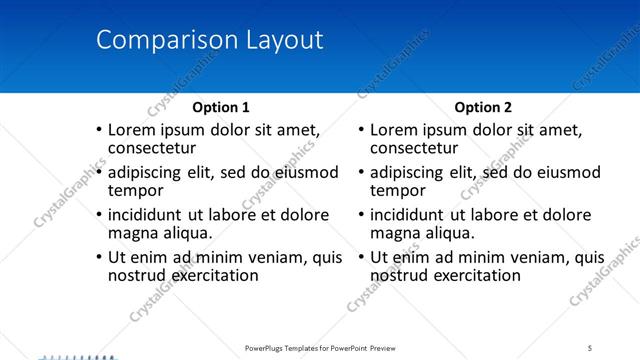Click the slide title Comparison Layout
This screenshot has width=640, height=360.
(x=209, y=41)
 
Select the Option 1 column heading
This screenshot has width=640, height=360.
(x=221, y=107)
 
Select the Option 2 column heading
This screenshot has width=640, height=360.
(x=483, y=107)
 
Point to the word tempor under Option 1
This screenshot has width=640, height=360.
(x=134, y=191)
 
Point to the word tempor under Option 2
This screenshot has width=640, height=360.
(x=397, y=191)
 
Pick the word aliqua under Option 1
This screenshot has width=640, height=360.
(x=186, y=233)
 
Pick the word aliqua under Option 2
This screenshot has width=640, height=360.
(x=449, y=233)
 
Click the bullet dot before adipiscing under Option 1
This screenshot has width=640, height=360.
(x=98, y=173)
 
